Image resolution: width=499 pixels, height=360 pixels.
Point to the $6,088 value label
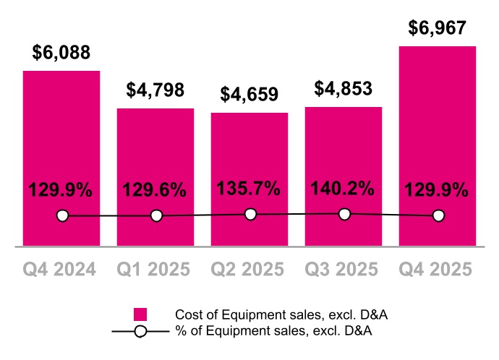pos(61,53)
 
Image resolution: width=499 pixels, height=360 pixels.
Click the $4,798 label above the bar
pos(155,91)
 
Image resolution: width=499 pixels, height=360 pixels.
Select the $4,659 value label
pos(249,95)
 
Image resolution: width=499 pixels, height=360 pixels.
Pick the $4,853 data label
pos(344,89)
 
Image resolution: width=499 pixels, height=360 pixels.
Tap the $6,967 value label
pos(438,28)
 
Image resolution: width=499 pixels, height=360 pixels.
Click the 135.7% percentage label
pos(249,189)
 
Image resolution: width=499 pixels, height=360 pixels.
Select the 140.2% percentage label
pos(343,189)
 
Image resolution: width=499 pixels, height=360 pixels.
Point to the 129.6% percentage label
pos(155,191)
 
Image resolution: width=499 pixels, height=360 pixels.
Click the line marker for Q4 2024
pos(62,215)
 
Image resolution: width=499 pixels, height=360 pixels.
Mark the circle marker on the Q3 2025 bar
pos(344,213)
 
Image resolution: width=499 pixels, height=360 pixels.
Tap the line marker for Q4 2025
pos(438,215)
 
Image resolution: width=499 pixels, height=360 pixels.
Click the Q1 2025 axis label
pos(155,270)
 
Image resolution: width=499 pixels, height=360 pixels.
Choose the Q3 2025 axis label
pos(343,270)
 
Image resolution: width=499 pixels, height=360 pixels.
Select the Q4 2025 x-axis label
pos(438,270)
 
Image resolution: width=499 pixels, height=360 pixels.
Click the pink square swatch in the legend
pos(140,314)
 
